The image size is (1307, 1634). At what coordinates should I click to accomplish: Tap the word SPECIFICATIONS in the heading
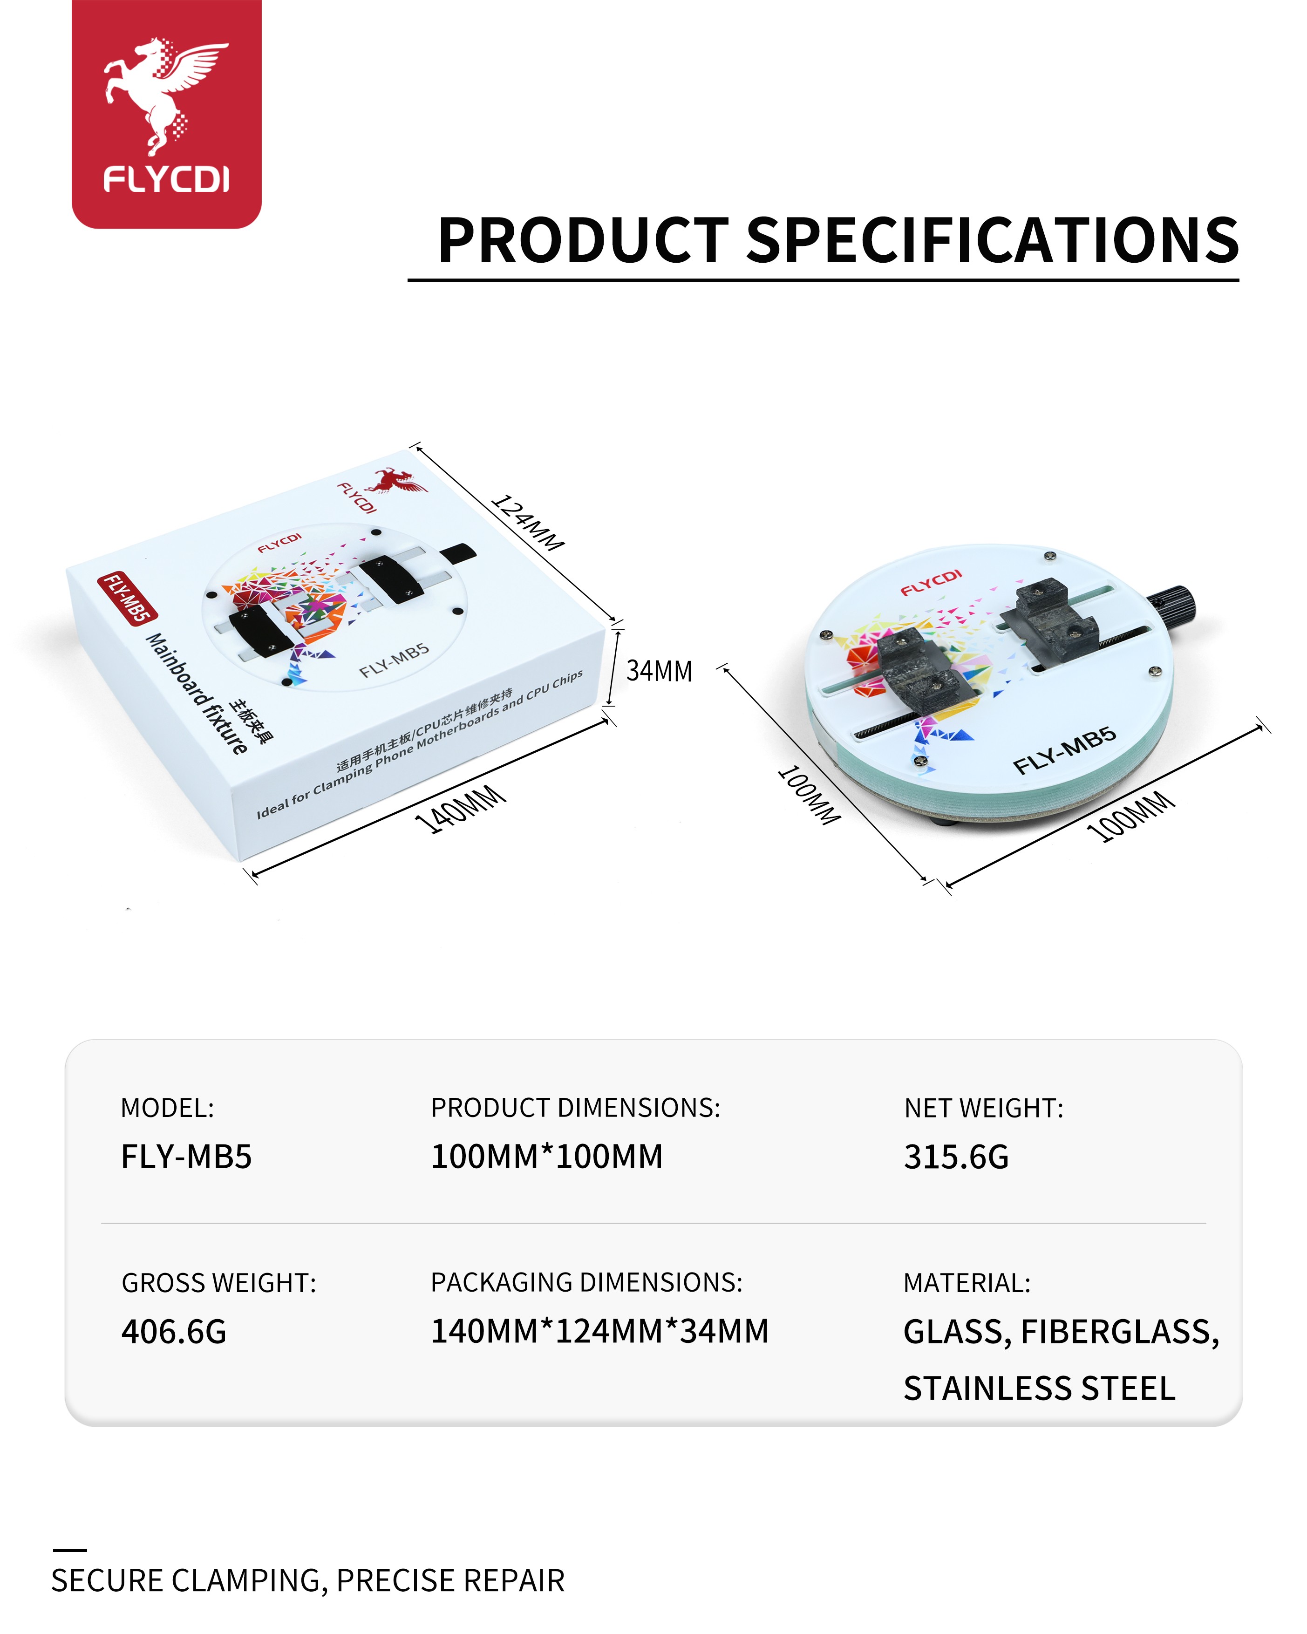[x=993, y=240]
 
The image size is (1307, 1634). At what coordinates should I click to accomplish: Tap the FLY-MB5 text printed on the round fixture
[x=1064, y=750]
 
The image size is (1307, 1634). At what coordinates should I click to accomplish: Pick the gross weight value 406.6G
[x=174, y=1332]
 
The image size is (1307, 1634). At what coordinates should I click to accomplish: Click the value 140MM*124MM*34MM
[x=599, y=1331]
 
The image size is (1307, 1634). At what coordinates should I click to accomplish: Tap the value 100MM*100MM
[x=547, y=1157]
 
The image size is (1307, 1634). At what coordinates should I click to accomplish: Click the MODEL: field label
[x=167, y=1108]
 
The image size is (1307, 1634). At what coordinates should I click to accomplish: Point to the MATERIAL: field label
[x=967, y=1283]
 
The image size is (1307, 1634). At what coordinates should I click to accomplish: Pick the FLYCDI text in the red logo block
[x=166, y=180]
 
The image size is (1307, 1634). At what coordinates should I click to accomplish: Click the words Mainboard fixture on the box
[x=196, y=694]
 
